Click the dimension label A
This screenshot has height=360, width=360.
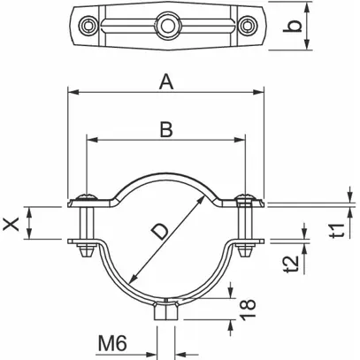166,82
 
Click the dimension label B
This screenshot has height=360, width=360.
165,130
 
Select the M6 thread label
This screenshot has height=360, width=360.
113,341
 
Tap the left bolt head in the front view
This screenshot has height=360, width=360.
86,196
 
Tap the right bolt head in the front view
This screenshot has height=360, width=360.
245,196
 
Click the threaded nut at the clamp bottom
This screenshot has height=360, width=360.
165,311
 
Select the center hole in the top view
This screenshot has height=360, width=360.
165,19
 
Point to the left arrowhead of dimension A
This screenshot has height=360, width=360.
72,91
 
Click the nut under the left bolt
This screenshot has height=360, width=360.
86,250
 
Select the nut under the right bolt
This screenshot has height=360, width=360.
245,250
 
